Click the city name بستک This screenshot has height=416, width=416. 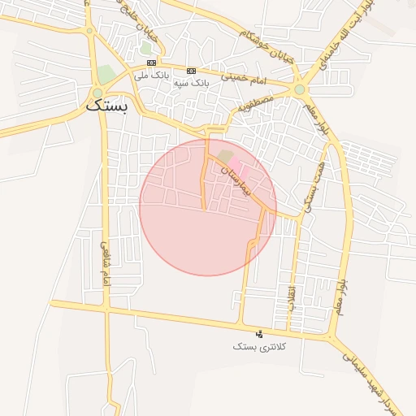(x=106, y=106)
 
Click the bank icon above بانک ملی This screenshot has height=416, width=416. (x=151, y=63)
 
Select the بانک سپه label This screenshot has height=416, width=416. (x=192, y=82)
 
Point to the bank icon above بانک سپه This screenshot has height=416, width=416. (x=191, y=71)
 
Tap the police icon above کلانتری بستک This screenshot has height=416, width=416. (x=260, y=334)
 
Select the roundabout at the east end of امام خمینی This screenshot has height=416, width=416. (x=300, y=89)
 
